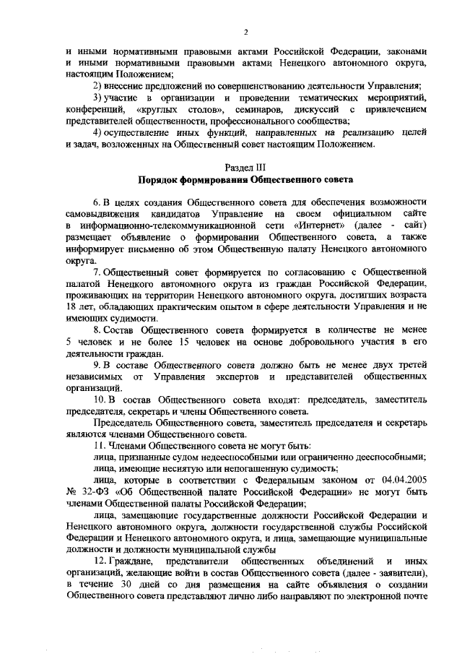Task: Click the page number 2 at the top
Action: pos(246,33)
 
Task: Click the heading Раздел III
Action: pos(245,167)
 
